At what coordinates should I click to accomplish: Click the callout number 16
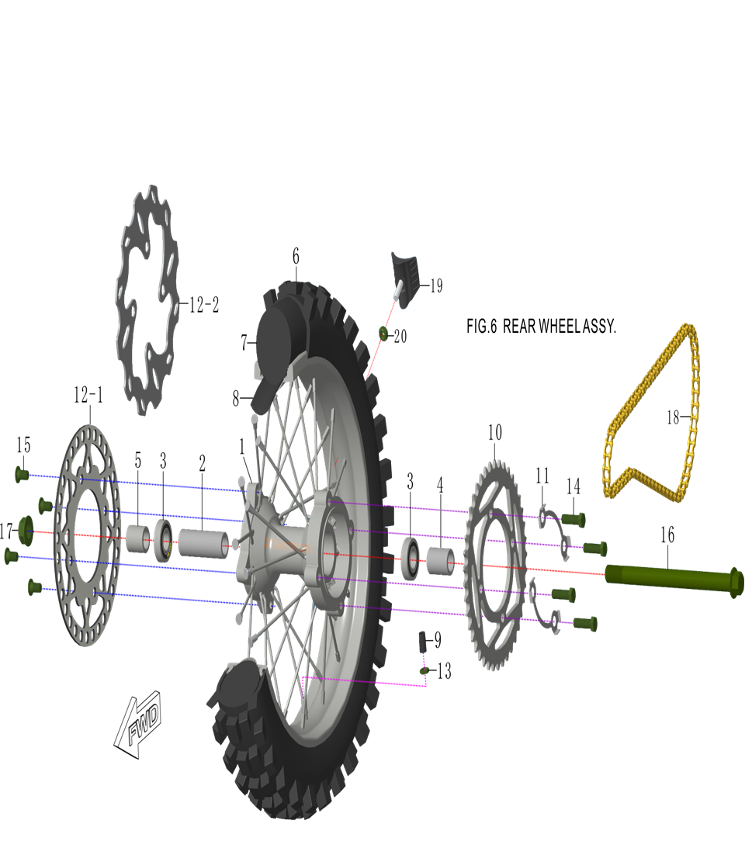(667, 535)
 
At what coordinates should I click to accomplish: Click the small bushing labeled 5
(138, 537)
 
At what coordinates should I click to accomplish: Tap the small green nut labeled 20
(383, 334)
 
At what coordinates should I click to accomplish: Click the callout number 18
(673, 417)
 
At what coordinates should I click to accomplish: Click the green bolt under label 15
(22, 473)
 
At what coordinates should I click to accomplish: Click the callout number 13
(444, 672)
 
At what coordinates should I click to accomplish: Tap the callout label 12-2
(204, 305)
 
